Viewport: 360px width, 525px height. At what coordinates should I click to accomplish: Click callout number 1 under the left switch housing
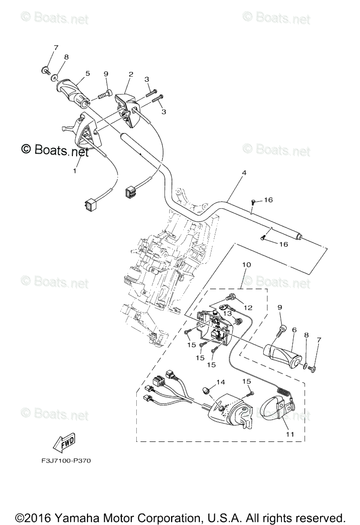74,172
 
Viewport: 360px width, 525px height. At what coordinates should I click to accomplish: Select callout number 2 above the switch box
131,74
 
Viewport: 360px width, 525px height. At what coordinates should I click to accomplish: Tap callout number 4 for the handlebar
243,172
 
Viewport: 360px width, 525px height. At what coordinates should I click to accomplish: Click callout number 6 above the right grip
294,330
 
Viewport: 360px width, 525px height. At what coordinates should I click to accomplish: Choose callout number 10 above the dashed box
246,265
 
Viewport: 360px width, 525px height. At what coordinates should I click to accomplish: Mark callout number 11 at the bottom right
290,434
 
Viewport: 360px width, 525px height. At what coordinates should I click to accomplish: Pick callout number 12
248,307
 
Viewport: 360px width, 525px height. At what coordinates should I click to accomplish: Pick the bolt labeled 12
232,297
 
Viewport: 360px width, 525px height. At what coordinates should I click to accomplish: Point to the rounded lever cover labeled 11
273,406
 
